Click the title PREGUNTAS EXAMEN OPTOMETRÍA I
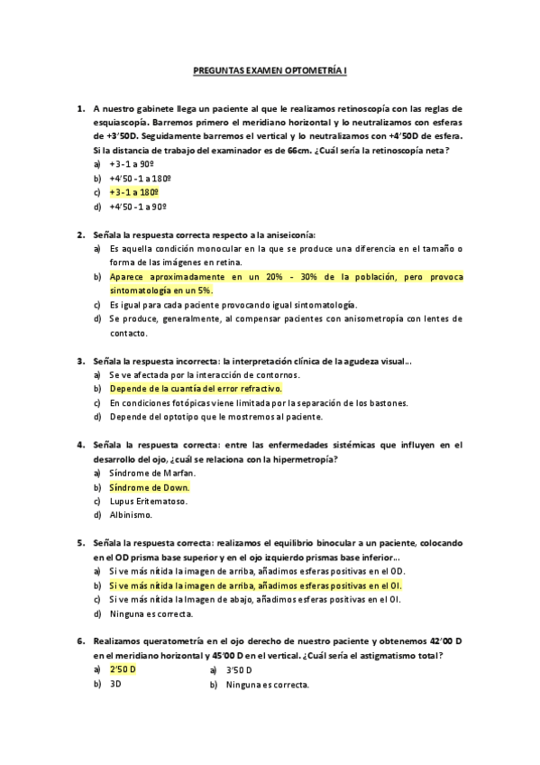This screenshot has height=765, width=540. (270, 69)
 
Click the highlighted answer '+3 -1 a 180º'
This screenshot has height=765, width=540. (134, 192)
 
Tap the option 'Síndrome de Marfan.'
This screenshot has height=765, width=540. (151, 473)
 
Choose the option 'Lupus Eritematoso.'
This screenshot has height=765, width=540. (149, 501)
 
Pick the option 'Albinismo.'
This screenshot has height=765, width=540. (131, 515)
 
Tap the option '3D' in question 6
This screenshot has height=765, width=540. (115, 684)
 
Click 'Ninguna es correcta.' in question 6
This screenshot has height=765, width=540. (268, 684)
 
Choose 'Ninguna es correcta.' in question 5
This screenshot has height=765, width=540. (151, 613)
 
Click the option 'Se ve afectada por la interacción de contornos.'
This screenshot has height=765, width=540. (204, 374)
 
